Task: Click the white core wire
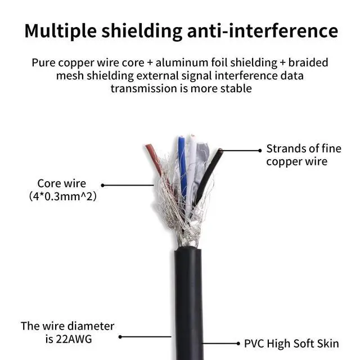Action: [193, 163]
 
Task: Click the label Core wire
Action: [61, 183]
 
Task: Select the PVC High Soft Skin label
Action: [291, 343]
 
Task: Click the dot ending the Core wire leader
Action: [102, 184]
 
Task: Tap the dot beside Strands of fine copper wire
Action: [259, 150]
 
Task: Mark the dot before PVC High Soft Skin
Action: [237, 343]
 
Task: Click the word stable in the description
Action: [235, 88]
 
